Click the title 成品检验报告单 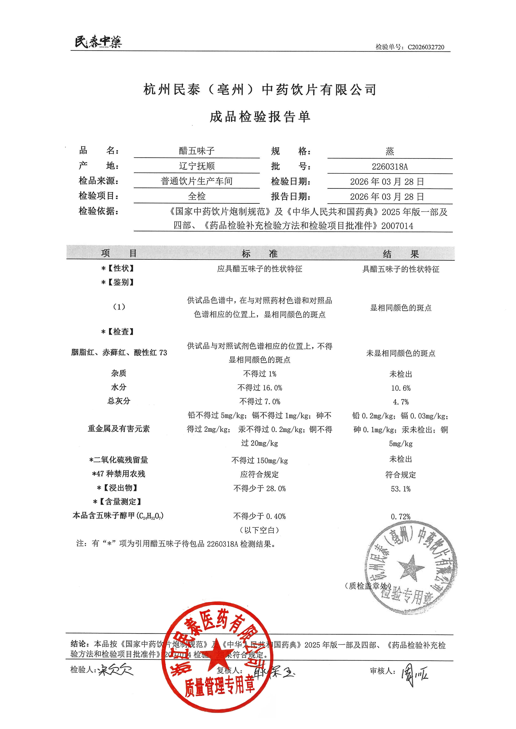click(260, 117)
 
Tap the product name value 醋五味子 click(197, 151)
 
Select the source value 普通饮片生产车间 click(197, 181)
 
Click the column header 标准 click(260, 254)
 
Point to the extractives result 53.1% click(401, 489)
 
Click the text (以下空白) click(260, 530)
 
